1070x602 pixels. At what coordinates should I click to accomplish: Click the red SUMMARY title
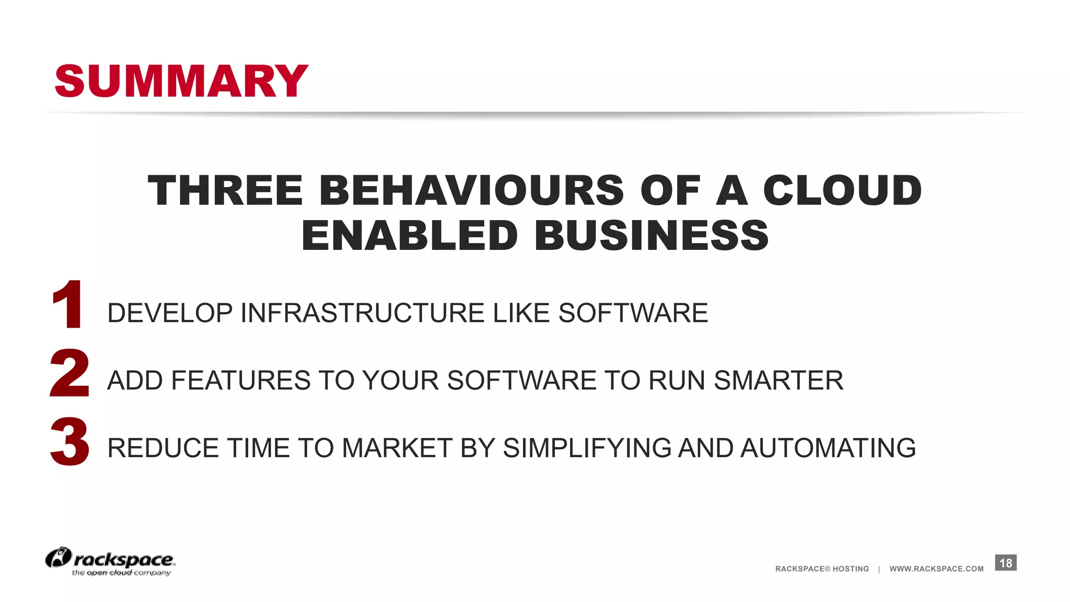(x=181, y=81)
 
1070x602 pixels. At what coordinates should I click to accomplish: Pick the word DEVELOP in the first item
(x=170, y=313)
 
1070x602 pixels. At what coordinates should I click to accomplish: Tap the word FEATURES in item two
(x=240, y=380)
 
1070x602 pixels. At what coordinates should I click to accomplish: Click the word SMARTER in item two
(x=778, y=380)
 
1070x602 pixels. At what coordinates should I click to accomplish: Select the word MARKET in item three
(x=398, y=448)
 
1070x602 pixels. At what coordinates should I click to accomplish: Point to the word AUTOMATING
(x=828, y=448)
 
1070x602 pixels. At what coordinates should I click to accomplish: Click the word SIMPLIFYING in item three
(x=587, y=448)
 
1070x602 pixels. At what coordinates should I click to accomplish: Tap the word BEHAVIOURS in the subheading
(x=471, y=190)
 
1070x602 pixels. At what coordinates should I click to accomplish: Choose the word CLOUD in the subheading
(x=842, y=190)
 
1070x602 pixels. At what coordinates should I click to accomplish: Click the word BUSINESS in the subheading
(x=652, y=236)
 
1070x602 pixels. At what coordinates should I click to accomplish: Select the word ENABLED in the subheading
(x=410, y=236)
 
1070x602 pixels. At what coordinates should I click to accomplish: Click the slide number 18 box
(x=1005, y=563)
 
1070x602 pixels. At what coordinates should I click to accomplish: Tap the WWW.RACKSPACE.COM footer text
(x=936, y=569)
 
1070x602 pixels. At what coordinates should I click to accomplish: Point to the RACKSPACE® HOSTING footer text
(x=822, y=569)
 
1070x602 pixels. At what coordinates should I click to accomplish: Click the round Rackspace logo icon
(x=58, y=558)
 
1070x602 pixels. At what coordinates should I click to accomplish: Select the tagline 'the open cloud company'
(x=121, y=573)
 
